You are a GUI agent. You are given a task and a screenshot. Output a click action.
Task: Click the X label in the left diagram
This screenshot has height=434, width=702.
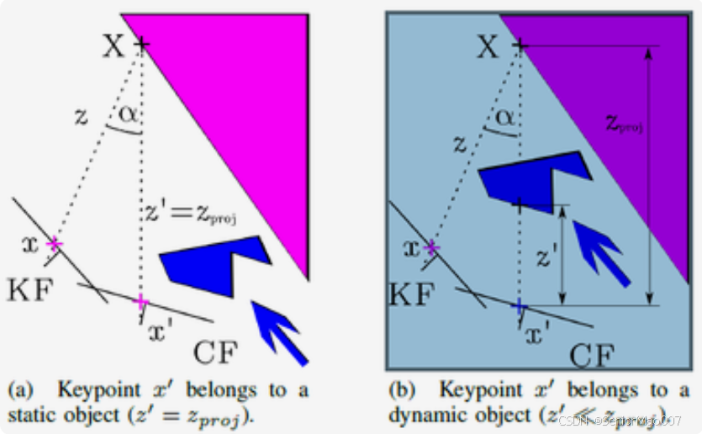click(113, 46)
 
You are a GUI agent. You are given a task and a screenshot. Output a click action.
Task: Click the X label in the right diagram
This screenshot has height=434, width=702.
click(488, 46)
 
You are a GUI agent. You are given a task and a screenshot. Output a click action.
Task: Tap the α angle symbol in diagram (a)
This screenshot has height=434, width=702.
click(127, 114)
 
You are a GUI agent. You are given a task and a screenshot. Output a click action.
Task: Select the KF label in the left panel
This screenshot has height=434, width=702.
click(31, 290)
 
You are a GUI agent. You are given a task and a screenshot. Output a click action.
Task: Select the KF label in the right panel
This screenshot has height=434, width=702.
click(413, 294)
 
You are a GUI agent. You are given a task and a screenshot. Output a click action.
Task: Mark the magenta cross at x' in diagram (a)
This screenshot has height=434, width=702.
click(141, 301)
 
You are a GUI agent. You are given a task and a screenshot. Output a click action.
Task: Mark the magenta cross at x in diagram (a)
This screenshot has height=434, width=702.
click(55, 244)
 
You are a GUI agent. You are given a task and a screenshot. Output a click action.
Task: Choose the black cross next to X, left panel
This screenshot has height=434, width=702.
click(141, 44)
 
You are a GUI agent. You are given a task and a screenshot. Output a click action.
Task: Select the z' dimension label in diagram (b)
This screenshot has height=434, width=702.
click(546, 257)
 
